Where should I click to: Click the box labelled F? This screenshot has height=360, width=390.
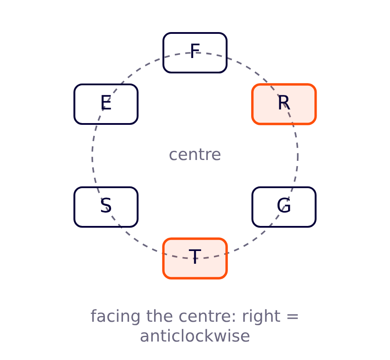(x=195, y=53)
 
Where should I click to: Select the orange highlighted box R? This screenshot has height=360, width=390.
(x=284, y=104)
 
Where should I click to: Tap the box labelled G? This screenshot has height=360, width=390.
(x=284, y=207)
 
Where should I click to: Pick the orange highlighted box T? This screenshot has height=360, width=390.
(x=195, y=258)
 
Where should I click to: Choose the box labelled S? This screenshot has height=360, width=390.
(x=106, y=207)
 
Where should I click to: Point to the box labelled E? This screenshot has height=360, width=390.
(x=106, y=104)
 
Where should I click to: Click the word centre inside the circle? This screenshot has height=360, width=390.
(x=195, y=155)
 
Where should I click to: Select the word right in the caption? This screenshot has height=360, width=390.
(x=261, y=316)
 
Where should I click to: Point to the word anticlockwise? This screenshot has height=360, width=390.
(x=195, y=336)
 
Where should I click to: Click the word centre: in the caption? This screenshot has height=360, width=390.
(x=207, y=316)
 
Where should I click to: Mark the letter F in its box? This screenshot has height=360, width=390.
(x=195, y=51)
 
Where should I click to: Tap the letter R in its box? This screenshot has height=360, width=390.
(x=284, y=102)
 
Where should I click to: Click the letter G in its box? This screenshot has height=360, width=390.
(x=284, y=205)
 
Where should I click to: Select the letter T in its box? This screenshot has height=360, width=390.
(x=195, y=257)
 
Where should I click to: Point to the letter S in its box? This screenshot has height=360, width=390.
(x=106, y=205)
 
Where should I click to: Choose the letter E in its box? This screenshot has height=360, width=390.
(x=106, y=102)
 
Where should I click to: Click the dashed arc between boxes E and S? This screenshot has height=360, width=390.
(x=92, y=156)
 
